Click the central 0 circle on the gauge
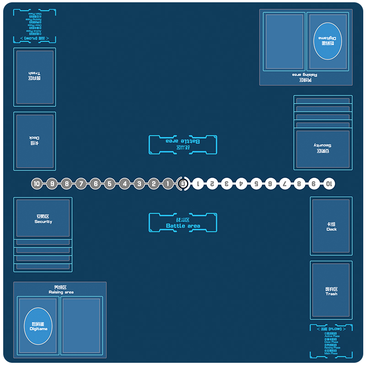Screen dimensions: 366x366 click(x=183, y=183)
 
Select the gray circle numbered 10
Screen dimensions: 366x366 click(x=37, y=183)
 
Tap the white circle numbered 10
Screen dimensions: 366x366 click(x=328, y=183)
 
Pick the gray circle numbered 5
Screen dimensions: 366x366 click(x=109, y=183)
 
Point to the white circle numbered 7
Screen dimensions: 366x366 click(x=285, y=183)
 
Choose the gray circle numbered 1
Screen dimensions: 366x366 click(x=168, y=183)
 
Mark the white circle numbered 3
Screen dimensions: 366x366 click(x=226, y=183)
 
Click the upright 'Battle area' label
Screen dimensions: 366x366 click(x=183, y=226)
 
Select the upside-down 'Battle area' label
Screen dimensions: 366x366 click(x=183, y=141)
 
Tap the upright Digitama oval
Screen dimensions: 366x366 click(x=38, y=326)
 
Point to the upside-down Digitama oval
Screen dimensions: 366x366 click(x=328, y=41)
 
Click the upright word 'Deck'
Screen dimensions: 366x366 click(x=332, y=229)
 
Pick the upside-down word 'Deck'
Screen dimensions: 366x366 click(x=34, y=138)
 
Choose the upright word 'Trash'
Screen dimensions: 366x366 click(x=332, y=294)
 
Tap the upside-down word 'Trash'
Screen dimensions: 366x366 click(x=34, y=73)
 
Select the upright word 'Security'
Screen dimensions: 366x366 click(x=43, y=222)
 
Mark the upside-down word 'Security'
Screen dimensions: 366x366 click(x=323, y=145)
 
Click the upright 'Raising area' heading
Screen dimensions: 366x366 click(x=61, y=292)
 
